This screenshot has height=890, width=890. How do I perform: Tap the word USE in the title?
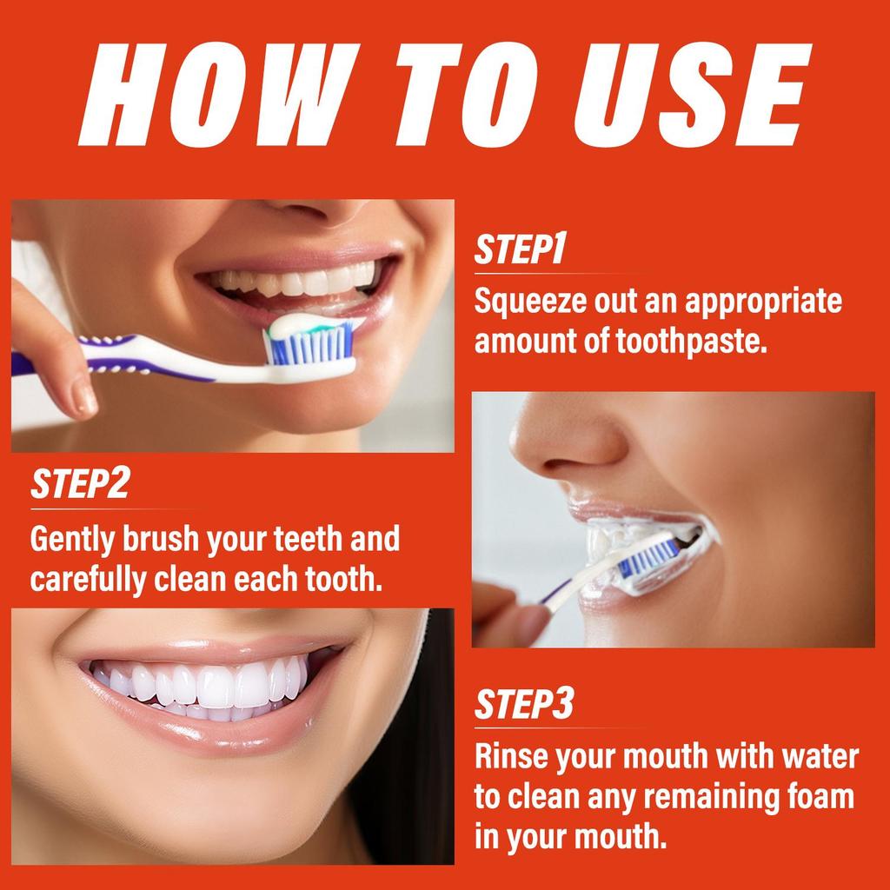point(692,95)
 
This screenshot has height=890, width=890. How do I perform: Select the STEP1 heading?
point(520,249)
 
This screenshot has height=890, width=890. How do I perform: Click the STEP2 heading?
point(80,483)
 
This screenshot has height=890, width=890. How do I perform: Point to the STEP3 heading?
point(524,704)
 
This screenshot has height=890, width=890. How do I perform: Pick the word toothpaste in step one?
point(691,342)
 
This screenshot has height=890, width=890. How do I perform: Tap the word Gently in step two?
point(72,540)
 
